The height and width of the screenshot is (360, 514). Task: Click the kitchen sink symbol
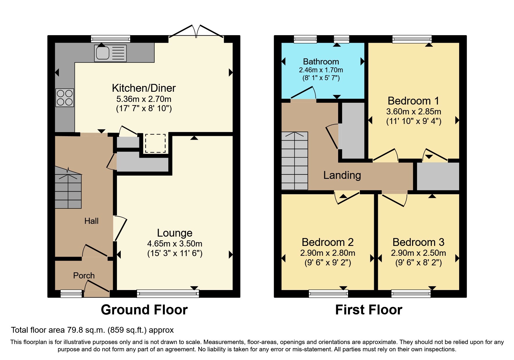(x=110, y=53)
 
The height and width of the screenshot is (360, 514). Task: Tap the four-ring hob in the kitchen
(x=65, y=98)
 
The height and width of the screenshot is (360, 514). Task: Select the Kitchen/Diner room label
(x=144, y=88)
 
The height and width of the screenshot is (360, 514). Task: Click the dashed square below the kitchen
(x=155, y=143)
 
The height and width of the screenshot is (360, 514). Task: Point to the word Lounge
(x=174, y=233)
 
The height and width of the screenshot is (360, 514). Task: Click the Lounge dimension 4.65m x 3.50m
(x=174, y=244)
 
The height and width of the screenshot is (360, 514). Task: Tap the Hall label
(x=91, y=221)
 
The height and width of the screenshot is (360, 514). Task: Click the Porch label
(x=84, y=276)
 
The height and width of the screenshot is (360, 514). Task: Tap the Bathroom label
(x=321, y=62)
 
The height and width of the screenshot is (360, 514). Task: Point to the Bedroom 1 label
(x=413, y=101)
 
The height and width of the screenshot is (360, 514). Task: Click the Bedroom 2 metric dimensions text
(x=327, y=253)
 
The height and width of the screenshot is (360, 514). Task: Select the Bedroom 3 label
(x=418, y=242)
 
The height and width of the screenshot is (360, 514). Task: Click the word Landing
(x=342, y=175)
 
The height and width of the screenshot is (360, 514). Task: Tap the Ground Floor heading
(x=144, y=310)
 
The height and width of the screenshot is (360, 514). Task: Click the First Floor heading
(x=369, y=310)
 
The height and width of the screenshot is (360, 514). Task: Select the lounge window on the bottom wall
(x=168, y=294)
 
